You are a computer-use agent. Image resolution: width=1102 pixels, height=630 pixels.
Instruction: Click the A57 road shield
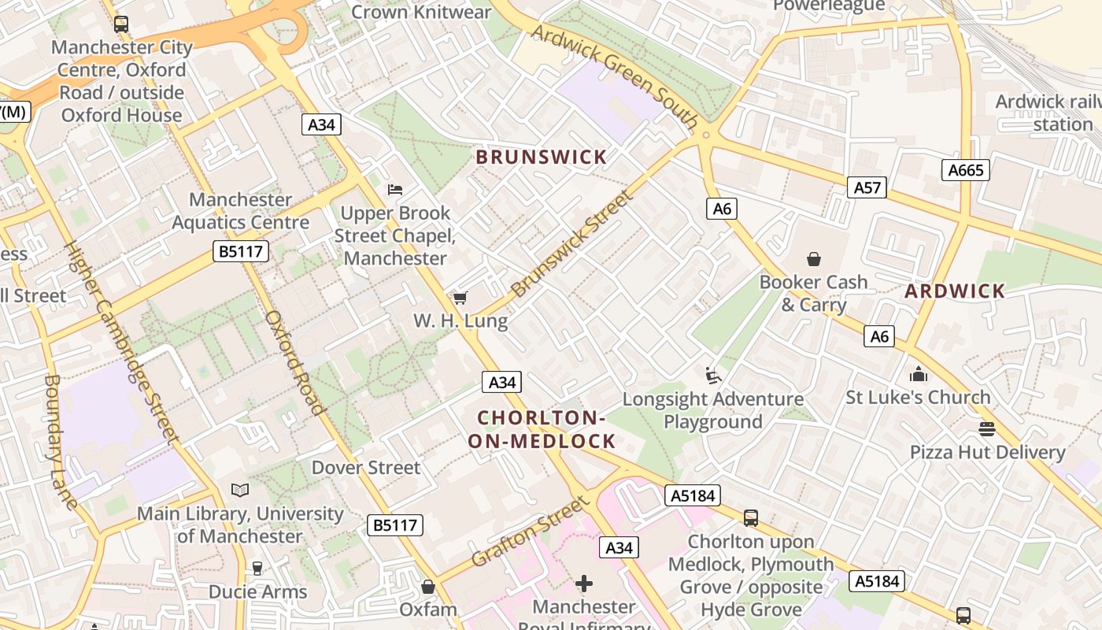click(867, 187)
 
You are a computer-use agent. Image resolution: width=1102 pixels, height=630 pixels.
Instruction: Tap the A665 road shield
click(965, 170)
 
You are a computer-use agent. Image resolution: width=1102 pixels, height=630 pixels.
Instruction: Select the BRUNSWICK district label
click(542, 157)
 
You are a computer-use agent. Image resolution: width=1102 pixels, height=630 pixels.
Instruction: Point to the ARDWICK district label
click(955, 291)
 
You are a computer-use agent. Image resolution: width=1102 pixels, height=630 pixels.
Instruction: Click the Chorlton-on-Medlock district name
click(542, 429)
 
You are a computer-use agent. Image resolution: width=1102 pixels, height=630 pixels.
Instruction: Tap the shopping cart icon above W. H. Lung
click(460, 298)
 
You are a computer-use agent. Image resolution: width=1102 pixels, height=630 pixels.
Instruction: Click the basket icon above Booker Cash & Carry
click(813, 258)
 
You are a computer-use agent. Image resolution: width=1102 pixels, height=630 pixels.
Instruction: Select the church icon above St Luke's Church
click(918, 374)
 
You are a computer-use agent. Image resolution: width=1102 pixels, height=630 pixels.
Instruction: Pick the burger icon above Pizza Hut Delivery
click(987, 429)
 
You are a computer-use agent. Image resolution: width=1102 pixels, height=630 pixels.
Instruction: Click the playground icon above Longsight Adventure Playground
click(713, 376)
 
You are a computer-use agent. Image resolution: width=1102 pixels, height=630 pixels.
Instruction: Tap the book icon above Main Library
click(240, 490)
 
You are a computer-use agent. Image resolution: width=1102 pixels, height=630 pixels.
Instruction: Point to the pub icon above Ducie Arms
click(257, 568)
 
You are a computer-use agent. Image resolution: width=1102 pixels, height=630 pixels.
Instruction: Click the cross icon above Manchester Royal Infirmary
click(584, 584)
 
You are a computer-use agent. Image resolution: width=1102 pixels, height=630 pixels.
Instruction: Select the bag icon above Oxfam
click(428, 587)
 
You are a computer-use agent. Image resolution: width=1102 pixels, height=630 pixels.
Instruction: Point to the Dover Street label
click(366, 468)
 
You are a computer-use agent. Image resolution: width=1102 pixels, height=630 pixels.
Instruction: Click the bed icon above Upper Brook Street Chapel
click(395, 190)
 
